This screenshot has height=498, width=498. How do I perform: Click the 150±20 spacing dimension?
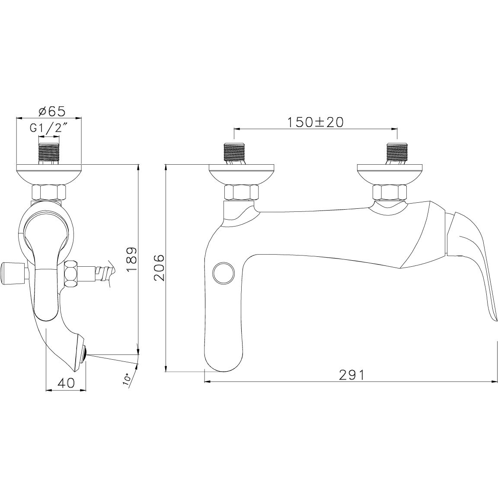point(315,122)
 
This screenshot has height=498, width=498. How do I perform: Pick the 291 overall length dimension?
point(351,375)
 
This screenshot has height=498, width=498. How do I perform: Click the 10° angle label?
point(127,379)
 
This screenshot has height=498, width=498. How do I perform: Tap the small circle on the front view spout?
point(223,273)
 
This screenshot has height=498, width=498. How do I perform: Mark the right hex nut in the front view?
point(390,191)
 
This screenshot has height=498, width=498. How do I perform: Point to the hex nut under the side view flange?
point(49,192)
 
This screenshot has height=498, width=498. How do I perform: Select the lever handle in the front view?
point(473,259)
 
